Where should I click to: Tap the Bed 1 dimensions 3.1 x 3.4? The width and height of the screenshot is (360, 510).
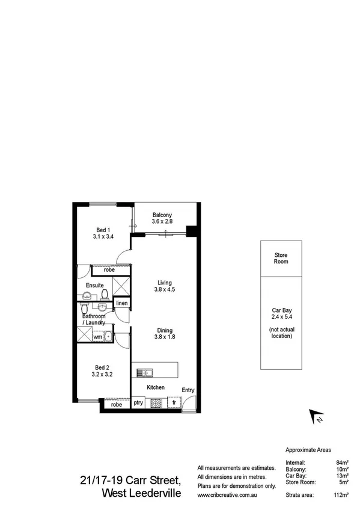[x=103, y=237]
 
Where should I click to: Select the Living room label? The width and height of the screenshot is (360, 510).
[x=165, y=283]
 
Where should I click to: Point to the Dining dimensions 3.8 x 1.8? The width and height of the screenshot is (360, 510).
[x=165, y=337]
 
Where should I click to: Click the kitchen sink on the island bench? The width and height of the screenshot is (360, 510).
[x=143, y=373]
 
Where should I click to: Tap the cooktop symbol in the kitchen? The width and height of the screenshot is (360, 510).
[x=156, y=404]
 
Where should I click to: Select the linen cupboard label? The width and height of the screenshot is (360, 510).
[x=122, y=303]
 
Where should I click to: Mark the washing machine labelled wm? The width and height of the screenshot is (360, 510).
[x=97, y=337]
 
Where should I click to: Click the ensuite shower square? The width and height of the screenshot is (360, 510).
[x=121, y=287]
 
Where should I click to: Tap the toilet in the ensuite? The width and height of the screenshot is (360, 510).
[x=105, y=294]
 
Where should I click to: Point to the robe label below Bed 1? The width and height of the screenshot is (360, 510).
[x=109, y=269]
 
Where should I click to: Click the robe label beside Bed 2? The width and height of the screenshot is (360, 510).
[x=116, y=405]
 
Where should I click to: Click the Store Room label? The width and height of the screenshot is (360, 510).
[x=281, y=258]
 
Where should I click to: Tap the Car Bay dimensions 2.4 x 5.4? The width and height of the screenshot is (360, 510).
[x=281, y=316]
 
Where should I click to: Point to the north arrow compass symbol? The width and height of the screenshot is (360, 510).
[x=316, y=416]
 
